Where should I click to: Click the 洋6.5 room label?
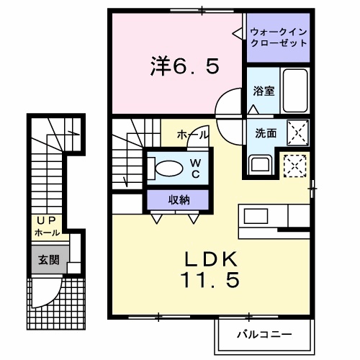tap(184, 68)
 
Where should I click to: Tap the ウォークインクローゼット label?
tap(277, 37)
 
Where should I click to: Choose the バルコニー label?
tap(265, 335)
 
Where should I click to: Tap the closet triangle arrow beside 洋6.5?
tap(238, 32)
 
